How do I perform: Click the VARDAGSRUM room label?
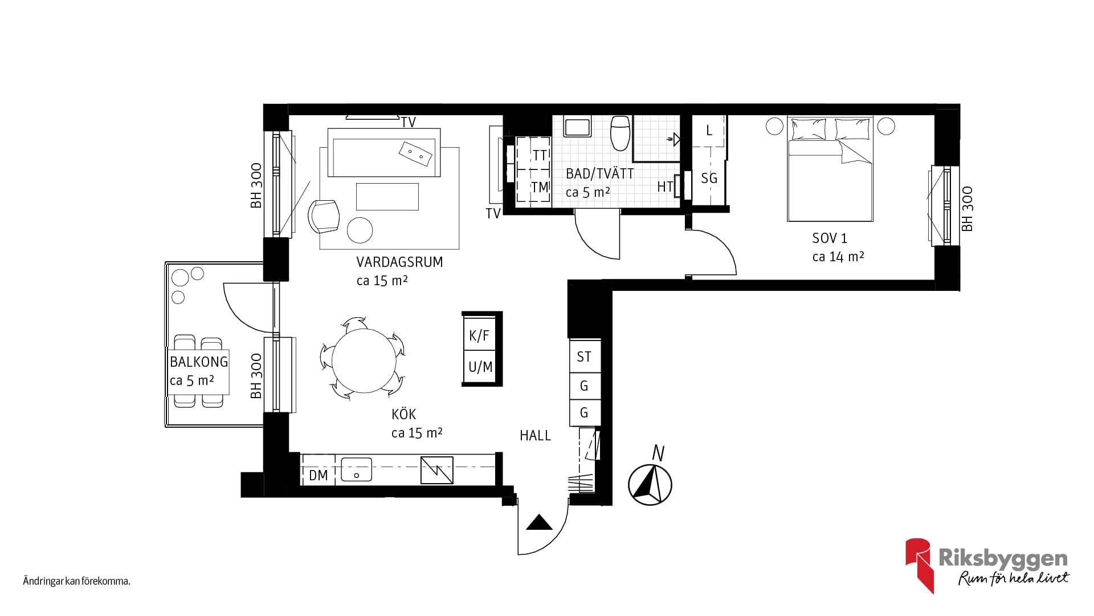399,262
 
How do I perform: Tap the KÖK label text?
403,415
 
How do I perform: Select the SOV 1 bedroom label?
830,238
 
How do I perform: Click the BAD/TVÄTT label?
599,173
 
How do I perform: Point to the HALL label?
535,436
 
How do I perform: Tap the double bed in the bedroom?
830,169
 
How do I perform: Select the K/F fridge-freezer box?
479,335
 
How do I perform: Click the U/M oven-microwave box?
480,367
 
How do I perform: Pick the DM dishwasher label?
318,475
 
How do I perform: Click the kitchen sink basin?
356,470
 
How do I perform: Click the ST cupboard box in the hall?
584,356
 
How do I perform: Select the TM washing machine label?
540,187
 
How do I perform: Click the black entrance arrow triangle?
539,522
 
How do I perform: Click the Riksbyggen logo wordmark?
1003,559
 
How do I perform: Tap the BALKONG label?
199,362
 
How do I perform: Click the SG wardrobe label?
709,179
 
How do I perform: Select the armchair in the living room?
323,216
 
